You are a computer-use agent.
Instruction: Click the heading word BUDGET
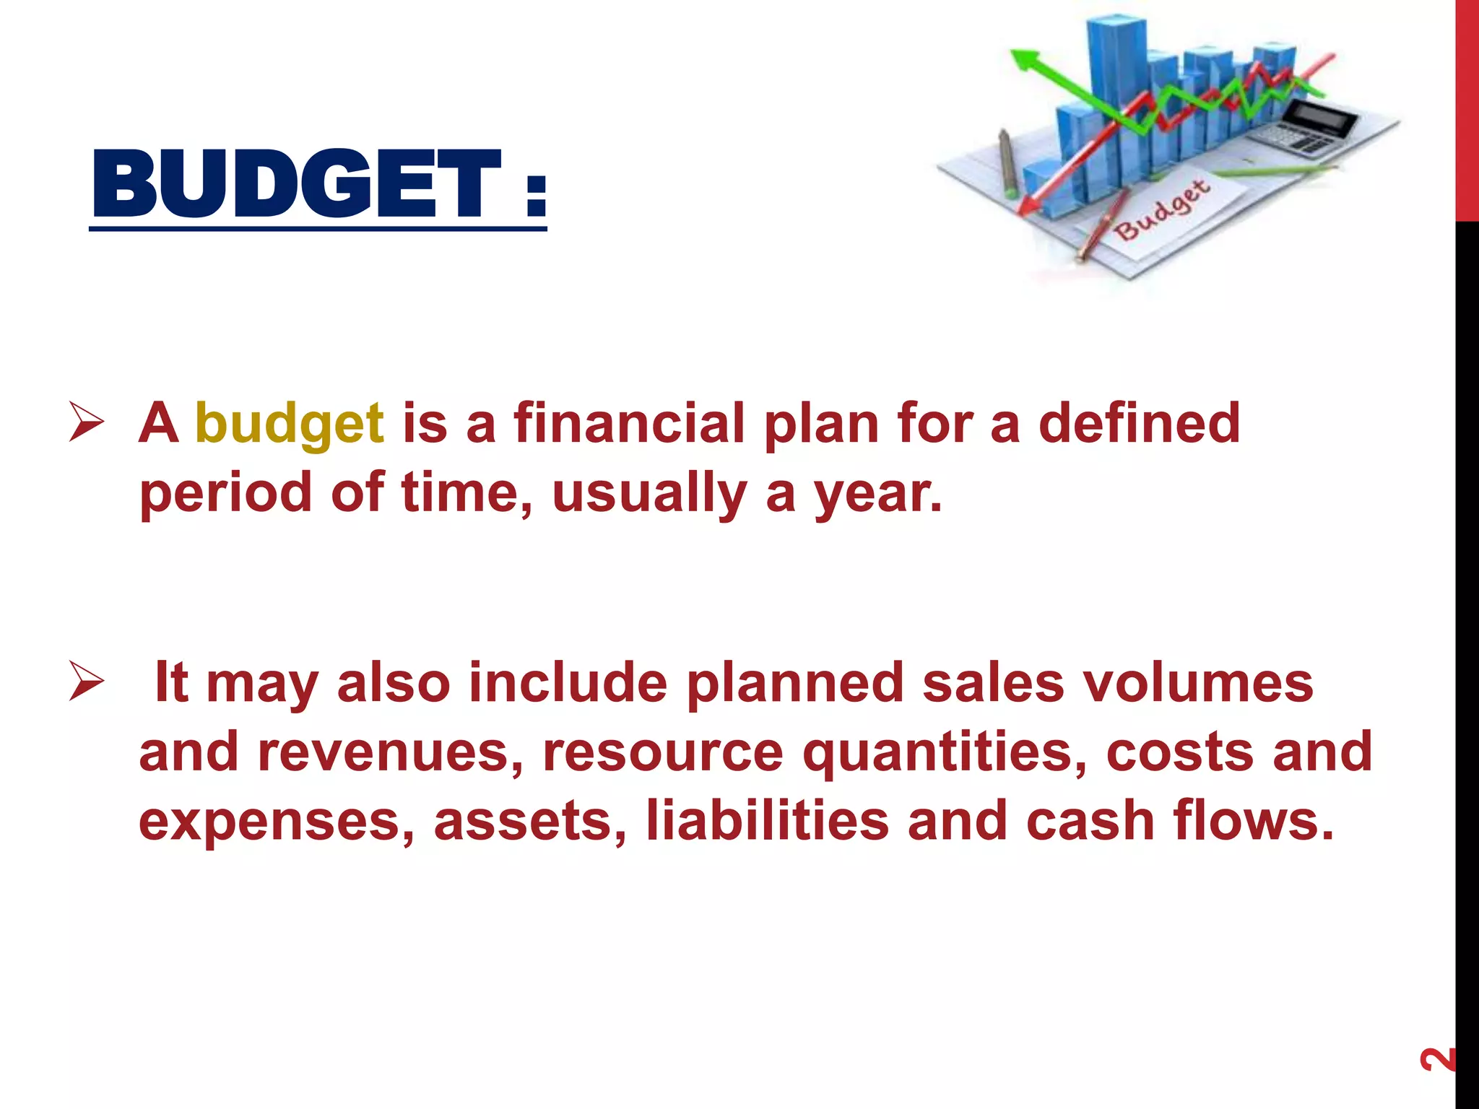pyautogui.click(x=296, y=184)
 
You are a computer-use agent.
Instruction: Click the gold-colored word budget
pyautogui.click(x=289, y=425)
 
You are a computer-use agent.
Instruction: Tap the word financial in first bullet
pyautogui.click(x=628, y=423)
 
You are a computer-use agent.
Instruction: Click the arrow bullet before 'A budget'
pyautogui.click(x=87, y=424)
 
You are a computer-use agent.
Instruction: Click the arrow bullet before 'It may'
pyautogui.click(x=87, y=683)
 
